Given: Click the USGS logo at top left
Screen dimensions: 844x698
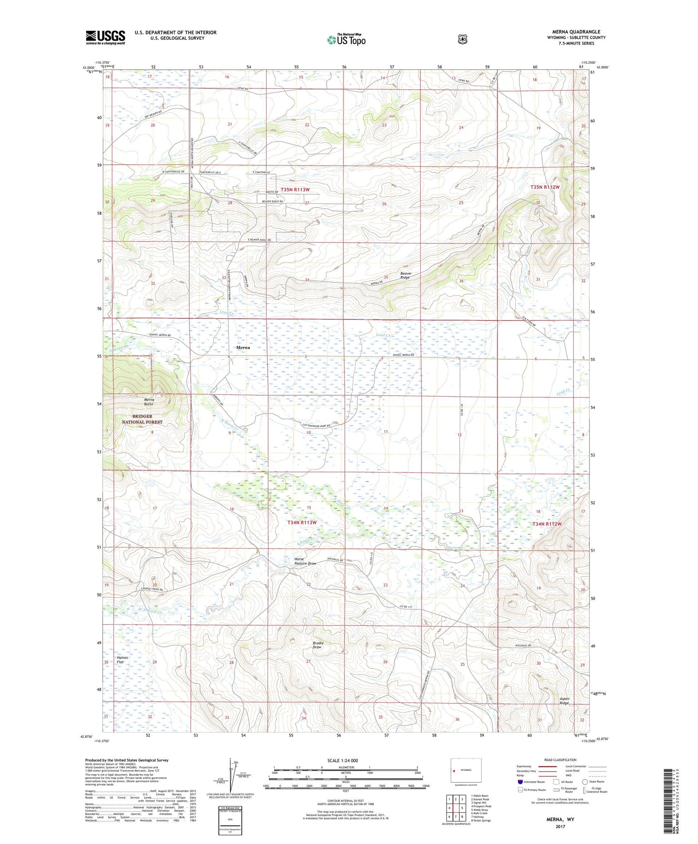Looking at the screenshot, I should pyautogui.click(x=105, y=37).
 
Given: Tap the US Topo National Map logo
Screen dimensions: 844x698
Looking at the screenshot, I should pyautogui.click(x=346, y=40).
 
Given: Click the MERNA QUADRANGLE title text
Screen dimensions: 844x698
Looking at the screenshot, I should pyautogui.click(x=576, y=32).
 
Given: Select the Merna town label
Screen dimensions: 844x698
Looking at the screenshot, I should pyautogui.click(x=242, y=347).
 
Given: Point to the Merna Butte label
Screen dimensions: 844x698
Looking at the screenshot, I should pyautogui.click(x=149, y=402).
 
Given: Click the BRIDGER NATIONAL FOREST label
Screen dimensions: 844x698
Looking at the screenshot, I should pyautogui.click(x=142, y=419).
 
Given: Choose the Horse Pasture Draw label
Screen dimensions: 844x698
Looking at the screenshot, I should pyautogui.click(x=305, y=561).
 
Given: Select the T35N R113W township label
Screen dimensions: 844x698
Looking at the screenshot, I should pyautogui.click(x=295, y=189).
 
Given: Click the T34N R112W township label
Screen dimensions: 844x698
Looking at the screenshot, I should pyautogui.click(x=547, y=524).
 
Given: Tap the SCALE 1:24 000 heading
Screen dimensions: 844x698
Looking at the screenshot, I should pyautogui.click(x=342, y=760).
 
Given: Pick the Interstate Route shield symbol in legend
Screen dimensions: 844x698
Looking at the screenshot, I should pyautogui.click(x=520, y=782).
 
